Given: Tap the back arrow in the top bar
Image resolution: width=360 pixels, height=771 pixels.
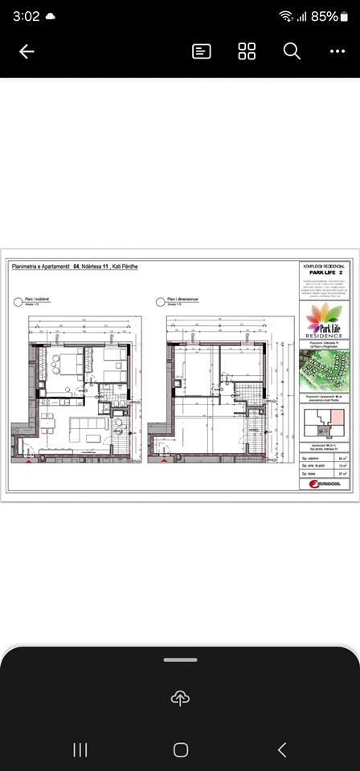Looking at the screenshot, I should tap(27, 51).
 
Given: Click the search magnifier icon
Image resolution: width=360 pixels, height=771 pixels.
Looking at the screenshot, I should tap(292, 51).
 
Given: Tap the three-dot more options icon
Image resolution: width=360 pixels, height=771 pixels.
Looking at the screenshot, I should tap(337, 51).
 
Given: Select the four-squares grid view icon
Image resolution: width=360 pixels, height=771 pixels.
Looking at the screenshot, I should tap(247, 51).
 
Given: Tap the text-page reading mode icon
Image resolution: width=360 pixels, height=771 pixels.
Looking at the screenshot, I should tap(202, 51).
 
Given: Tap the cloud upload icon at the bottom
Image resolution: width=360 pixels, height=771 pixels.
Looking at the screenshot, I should tap(180, 698).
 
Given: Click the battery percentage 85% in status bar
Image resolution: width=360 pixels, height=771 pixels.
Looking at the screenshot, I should tap(325, 16).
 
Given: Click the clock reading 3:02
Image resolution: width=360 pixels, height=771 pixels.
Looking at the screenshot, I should tap(27, 16).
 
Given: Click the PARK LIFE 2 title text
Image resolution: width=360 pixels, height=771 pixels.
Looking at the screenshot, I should tap(324, 272).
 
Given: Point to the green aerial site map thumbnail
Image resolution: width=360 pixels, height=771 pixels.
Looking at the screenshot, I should tap(324, 369).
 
